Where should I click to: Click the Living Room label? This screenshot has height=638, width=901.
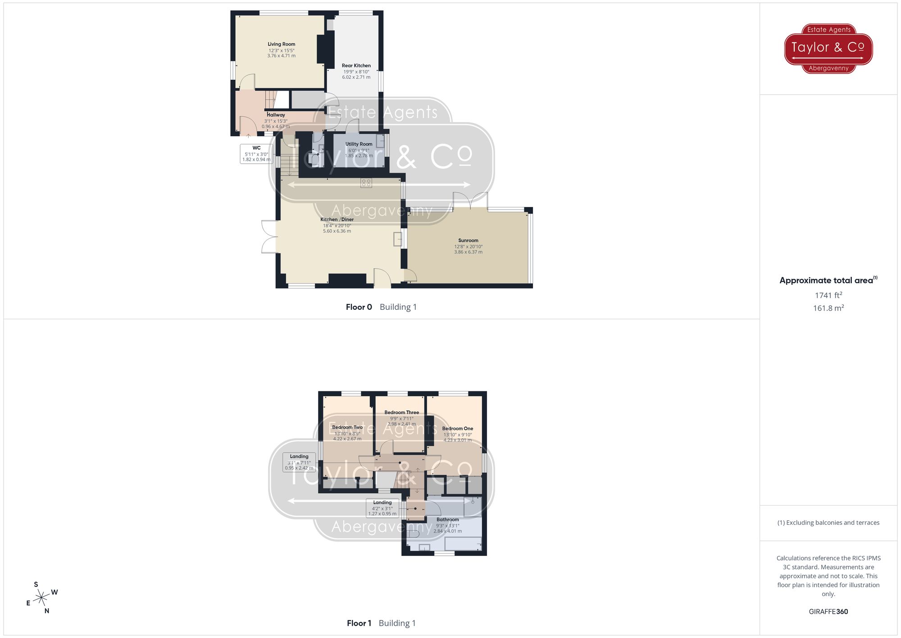pos(282,44)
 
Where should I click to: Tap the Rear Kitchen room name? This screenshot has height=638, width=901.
pos(356,65)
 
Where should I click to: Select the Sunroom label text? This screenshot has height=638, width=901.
pos(468,240)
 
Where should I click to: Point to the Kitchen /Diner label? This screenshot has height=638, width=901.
pos(337,220)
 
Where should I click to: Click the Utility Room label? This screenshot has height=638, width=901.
pos(359,144)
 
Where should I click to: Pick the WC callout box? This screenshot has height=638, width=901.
pos(256,154)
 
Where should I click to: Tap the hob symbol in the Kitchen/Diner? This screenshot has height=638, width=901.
pos(366,183)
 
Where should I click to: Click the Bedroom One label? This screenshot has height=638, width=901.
pos(457,428)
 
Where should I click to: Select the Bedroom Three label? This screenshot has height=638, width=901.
pos(401,412)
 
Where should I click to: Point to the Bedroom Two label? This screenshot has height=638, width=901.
pos(347,427)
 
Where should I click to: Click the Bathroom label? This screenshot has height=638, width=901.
pos(447,519)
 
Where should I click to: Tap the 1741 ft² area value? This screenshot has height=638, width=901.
pos(828,295)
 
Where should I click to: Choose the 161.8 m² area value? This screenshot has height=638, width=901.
pos(828,308)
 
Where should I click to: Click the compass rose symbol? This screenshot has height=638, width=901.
pos(41,598)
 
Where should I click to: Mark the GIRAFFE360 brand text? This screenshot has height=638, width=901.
pos(828,611)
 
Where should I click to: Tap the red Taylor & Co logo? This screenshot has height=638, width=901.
pos(828,48)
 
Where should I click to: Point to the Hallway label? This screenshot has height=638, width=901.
pos(276,115)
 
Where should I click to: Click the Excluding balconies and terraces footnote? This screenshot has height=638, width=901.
pos(828,523)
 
